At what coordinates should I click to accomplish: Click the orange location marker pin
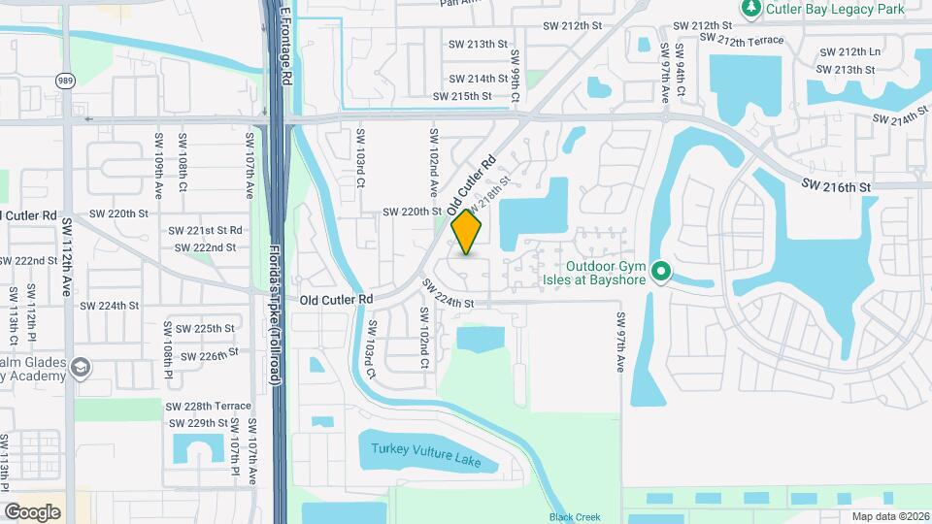(x=467, y=233)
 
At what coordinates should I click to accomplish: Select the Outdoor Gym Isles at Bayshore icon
(x=661, y=271)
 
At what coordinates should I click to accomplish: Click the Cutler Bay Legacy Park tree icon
(x=750, y=9)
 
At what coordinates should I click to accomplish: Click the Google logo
(x=32, y=511)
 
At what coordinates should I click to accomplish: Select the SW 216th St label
(x=838, y=184)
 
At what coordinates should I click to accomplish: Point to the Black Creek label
(x=569, y=517)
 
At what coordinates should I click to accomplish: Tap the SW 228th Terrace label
(x=209, y=406)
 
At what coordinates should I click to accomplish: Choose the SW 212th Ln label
(x=849, y=52)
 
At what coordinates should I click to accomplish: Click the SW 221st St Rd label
(x=205, y=231)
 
